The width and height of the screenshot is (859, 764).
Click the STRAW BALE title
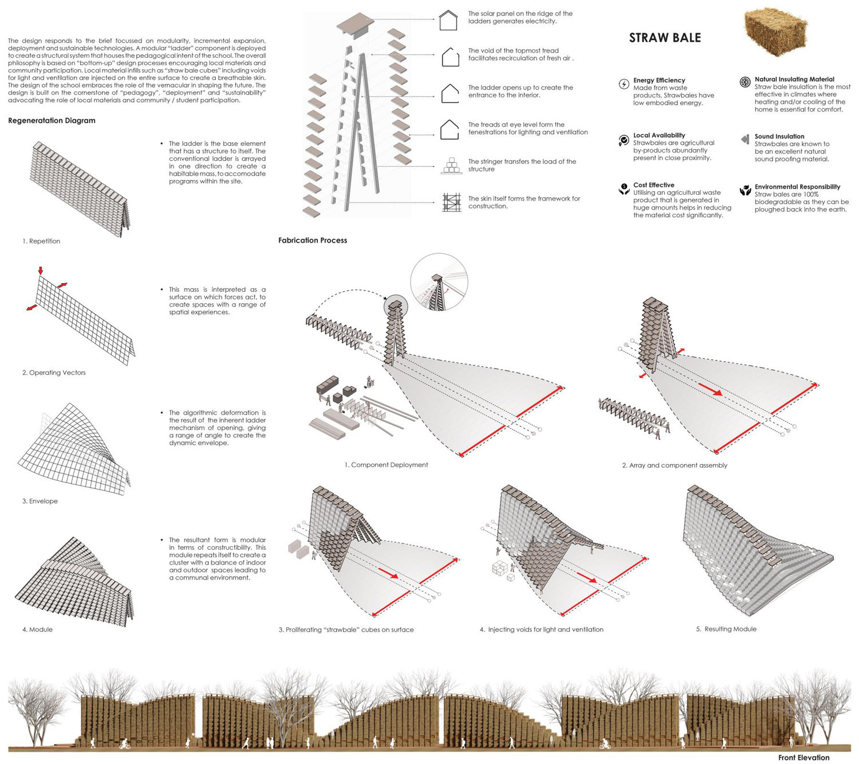click(x=664, y=38)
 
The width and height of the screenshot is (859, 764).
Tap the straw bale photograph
click(x=775, y=32)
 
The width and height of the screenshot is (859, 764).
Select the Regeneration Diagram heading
click(x=52, y=120)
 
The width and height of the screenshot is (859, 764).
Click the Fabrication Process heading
click(x=313, y=240)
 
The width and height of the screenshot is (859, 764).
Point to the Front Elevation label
click(x=803, y=758)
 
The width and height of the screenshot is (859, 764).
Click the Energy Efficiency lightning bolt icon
click(x=624, y=84)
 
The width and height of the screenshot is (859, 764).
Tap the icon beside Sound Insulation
click(x=745, y=139)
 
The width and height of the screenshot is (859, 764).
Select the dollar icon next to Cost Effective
click(x=624, y=189)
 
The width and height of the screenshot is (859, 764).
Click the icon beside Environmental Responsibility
click(x=745, y=190)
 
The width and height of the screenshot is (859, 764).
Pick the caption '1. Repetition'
click(x=41, y=241)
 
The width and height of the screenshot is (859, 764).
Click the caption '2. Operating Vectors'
click(x=54, y=373)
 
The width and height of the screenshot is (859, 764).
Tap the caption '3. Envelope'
click(x=40, y=501)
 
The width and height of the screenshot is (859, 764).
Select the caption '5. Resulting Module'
click(x=726, y=629)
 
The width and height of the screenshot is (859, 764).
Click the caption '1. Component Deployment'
click(x=386, y=465)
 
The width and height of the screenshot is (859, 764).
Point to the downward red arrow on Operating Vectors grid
click(x=40, y=270)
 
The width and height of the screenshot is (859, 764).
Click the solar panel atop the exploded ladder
click(x=355, y=24)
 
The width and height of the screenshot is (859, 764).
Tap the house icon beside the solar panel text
click(x=448, y=20)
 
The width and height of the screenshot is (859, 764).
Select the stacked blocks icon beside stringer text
click(x=451, y=166)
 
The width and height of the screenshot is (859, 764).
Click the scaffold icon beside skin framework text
click(x=451, y=202)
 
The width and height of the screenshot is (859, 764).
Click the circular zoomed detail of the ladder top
click(x=439, y=282)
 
